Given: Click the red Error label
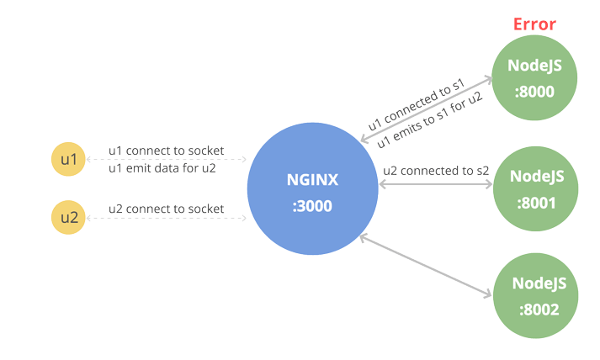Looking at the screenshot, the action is (534, 24).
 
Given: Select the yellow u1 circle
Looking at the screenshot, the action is (68, 159).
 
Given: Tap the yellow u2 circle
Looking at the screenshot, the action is (68, 217).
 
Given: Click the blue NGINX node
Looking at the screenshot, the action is (313, 188).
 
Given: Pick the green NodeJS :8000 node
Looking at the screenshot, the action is (534, 77).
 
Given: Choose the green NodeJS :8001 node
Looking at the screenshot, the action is (536, 188).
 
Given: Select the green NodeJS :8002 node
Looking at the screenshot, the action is (536, 296).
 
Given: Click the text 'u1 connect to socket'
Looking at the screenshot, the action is (166, 151).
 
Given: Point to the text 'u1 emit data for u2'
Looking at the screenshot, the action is (162, 168).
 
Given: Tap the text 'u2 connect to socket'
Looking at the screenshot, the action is (166, 209).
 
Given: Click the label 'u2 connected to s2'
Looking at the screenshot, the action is (436, 171).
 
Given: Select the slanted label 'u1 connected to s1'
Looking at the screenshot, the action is (416, 104).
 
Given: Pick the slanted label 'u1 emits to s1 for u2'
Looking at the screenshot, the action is (429, 119).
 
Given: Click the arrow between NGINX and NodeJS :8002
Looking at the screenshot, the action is (426, 266).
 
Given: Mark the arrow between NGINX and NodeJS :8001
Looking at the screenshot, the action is (436, 184).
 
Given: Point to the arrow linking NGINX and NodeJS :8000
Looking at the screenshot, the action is (427, 109).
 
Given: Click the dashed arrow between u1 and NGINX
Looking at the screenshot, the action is (167, 159).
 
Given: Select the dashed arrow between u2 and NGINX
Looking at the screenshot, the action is (167, 218).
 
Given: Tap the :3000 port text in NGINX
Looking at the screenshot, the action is (312, 206).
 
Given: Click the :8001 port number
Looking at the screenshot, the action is (536, 204).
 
